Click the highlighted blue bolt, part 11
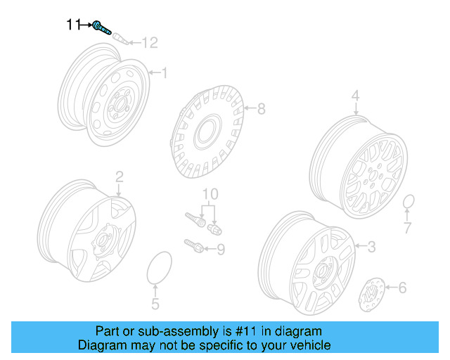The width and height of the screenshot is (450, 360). (102, 27)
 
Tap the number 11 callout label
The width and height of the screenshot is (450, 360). (74, 25)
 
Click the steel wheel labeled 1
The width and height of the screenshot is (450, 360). (105, 98)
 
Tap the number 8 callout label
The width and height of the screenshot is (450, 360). (261, 109)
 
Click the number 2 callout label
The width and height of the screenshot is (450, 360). (119, 176)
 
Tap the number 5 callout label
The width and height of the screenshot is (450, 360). (155, 304)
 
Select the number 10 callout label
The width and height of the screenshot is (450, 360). (210, 193)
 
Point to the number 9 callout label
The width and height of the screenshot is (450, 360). (220, 249)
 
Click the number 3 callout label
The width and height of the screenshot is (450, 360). (372, 246)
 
